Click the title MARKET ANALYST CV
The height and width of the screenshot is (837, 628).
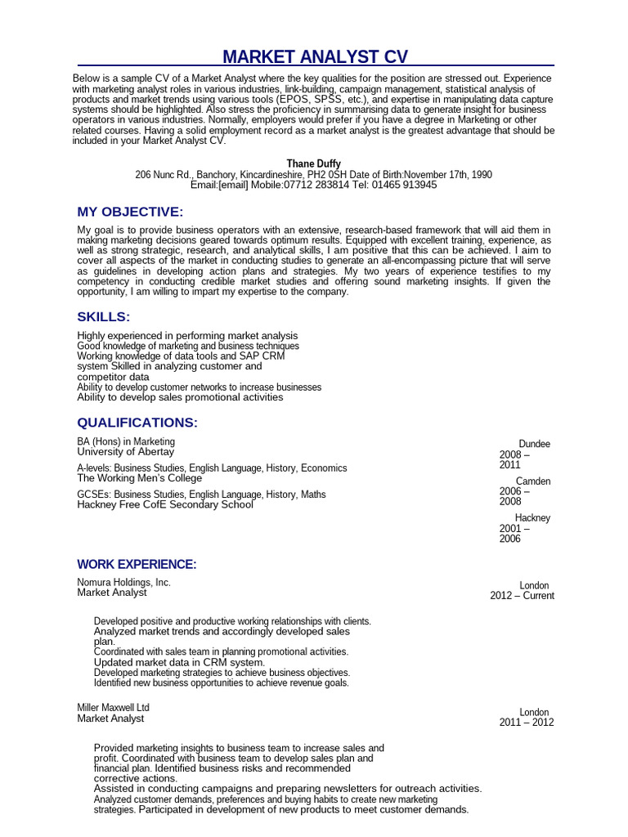pyautogui.click(x=315, y=56)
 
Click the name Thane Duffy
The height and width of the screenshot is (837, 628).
pyautogui.click(x=314, y=164)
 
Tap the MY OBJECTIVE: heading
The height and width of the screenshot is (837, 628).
pyautogui.click(x=130, y=213)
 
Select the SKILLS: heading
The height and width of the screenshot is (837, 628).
pyautogui.click(x=103, y=317)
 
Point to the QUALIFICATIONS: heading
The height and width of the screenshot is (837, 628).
pyautogui.click(x=137, y=423)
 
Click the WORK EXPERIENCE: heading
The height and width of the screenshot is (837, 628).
pyautogui.click(x=137, y=565)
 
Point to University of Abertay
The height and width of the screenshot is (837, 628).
pyautogui.click(x=125, y=452)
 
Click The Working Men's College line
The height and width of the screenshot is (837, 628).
pyautogui.click(x=139, y=478)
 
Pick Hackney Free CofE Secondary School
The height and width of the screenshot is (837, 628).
pyautogui.click(x=165, y=505)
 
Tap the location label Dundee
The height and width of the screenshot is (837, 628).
pyautogui.click(x=534, y=444)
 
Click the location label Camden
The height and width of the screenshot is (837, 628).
pyautogui.click(x=533, y=481)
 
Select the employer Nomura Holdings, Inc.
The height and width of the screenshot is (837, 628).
pyautogui.click(x=123, y=583)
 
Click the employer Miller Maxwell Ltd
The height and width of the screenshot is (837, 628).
pyautogui.click(x=113, y=708)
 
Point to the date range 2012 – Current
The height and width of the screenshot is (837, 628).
pyautogui.click(x=522, y=596)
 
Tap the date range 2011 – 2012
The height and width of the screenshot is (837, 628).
pyautogui.click(x=527, y=723)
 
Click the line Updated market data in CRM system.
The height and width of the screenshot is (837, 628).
pyautogui.click(x=179, y=662)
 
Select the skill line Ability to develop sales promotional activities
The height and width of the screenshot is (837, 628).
pyautogui.click(x=180, y=397)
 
